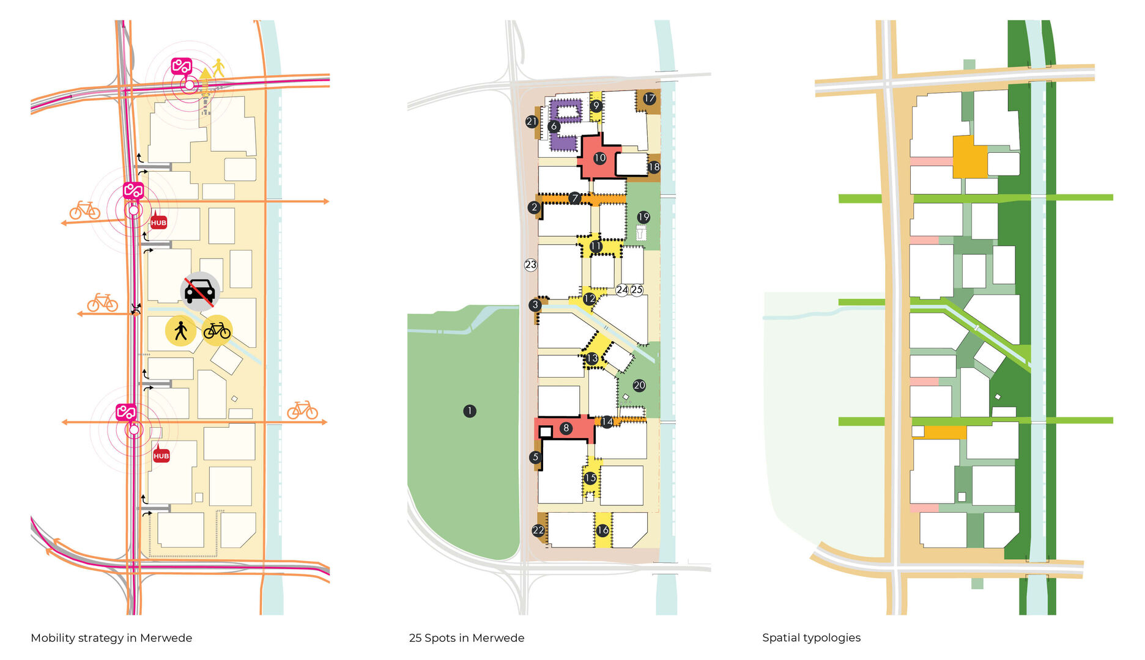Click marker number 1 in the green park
tap(469, 411)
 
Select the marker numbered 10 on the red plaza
tap(599, 158)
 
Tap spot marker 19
tap(643, 217)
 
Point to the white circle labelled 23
tap(530, 265)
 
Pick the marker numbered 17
tap(649, 98)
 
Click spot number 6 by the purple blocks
tap(554, 127)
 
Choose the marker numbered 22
tap(538, 530)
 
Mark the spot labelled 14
tap(607, 422)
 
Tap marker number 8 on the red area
tap(566, 428)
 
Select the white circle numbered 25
tap(637, 290)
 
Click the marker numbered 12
tap(589, 299)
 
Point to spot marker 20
tap(639, 385)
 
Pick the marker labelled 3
tap(535, 304)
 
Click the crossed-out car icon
tap(200, 291)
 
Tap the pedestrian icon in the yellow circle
tap(180, 331)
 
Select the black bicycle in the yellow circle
tap(217, 331)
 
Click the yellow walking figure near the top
tap(218, 68)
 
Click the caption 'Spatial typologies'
tap(811, 638)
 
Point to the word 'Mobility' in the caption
tap(53, 638)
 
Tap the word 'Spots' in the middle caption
tap(440, 638)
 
